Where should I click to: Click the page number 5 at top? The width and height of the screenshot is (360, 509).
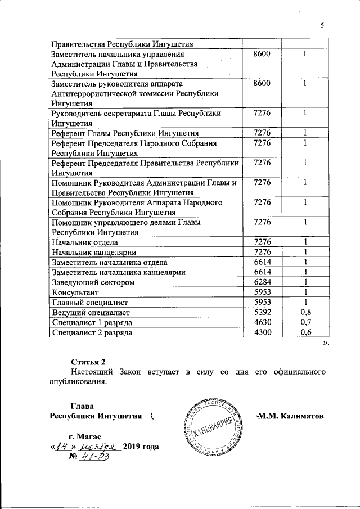point(323,25)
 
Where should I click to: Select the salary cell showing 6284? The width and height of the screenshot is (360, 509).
point(262,281)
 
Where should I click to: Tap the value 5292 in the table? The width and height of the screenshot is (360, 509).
point(262,312)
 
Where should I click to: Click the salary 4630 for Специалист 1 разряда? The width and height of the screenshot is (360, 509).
point(262,322)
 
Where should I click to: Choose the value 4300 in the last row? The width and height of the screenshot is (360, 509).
point(262,332)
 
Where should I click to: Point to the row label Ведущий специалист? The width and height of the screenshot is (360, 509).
point(91,312)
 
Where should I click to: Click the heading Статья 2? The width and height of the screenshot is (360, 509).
point(88,361)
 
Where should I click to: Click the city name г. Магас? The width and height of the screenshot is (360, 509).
point(84,436)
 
